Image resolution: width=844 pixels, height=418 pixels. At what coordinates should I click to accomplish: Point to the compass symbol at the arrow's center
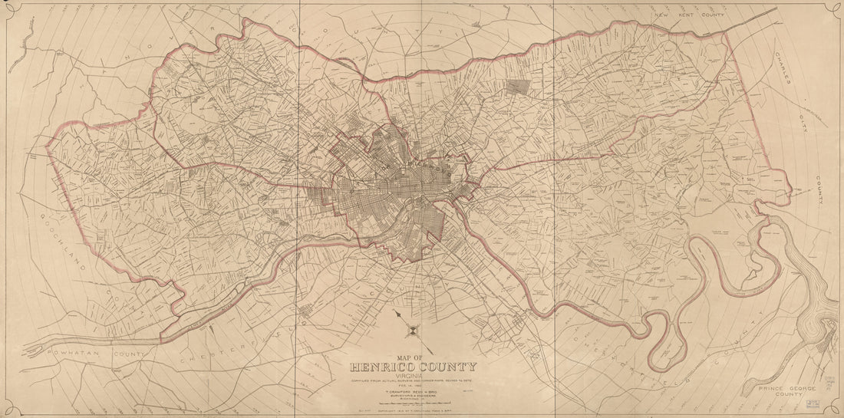point(412,331)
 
